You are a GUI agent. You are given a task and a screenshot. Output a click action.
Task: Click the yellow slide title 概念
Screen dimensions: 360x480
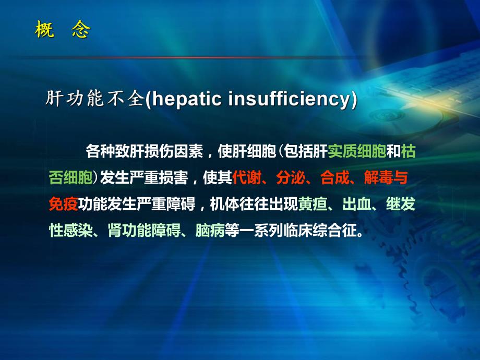62,30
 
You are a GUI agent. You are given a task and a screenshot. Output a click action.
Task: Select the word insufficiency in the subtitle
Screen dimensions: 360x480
286,100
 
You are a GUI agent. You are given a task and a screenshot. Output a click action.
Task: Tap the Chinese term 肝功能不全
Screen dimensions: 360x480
94,100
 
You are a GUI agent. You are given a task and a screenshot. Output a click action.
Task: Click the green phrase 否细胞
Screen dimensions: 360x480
70,178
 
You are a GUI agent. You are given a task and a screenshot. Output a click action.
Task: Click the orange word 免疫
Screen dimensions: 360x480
63,204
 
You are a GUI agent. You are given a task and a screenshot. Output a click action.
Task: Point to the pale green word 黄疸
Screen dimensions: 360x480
313,204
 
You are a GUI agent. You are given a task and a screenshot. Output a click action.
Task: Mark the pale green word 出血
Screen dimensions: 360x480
357,204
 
